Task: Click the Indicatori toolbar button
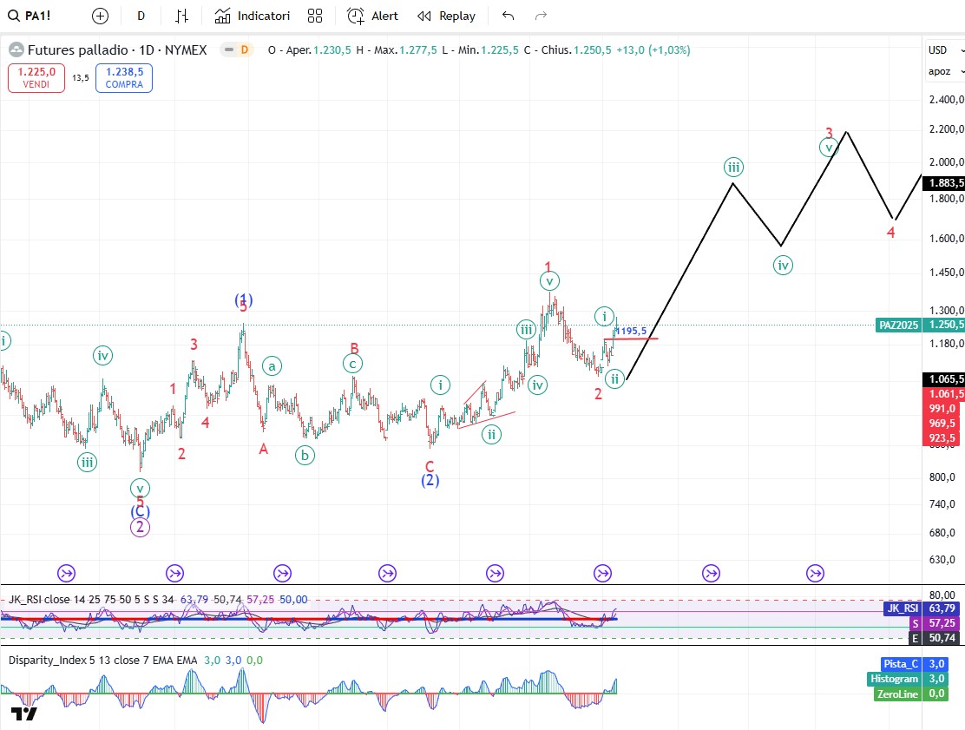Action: click(253, 16)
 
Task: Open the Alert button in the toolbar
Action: click(373, 16)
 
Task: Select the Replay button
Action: click(446, 16)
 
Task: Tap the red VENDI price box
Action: click(36, 78)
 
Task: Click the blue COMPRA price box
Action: click(124, 78)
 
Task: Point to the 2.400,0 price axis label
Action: click(944, 99)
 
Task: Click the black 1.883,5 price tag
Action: click(944, 183)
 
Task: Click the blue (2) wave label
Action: click(430, 480)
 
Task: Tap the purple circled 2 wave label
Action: click(141, 526)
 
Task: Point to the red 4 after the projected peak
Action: click(891, 233)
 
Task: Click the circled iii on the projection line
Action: click(733, 168)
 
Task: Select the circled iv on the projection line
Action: click(783, 265)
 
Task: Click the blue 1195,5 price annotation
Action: click(632, 331)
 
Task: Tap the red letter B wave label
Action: click(354, 348)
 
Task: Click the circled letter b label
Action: click(304, 454)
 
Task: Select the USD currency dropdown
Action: click(941, 50)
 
